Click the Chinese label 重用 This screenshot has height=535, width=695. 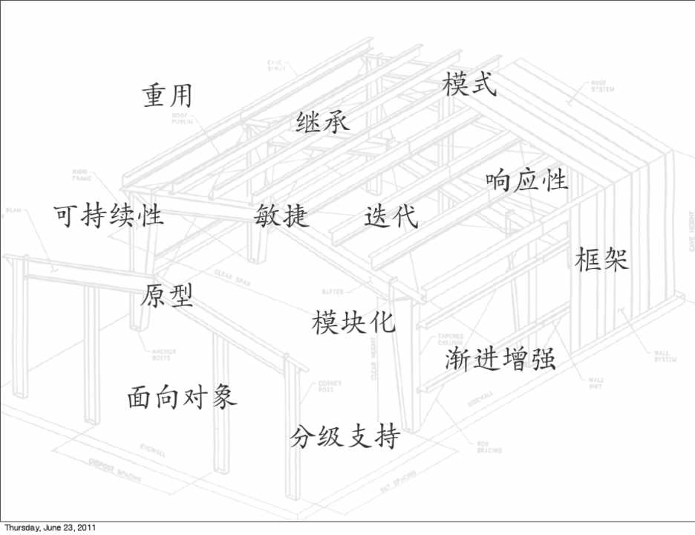pos(167,96)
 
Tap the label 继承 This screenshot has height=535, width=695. pos(322,121)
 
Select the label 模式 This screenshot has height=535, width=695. pos(469,84)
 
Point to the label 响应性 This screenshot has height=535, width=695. pos(526,181)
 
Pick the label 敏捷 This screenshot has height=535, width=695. pos(281,215)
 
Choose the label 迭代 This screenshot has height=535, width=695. pos(391,215)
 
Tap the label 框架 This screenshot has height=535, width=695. pos(602,259)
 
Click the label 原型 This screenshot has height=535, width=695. pos(167,296)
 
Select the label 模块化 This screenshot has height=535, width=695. pos(353,322)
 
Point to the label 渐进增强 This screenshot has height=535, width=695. pos(500,360)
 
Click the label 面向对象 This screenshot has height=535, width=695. pos(182,397)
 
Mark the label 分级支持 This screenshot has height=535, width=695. pos(345,436)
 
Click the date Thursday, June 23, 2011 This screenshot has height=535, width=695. pos(49,528)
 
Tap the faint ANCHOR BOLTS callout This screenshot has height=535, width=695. pos(163,355)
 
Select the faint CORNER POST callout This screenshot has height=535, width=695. pos(329,386)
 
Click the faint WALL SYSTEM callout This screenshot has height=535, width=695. pos(664,357)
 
